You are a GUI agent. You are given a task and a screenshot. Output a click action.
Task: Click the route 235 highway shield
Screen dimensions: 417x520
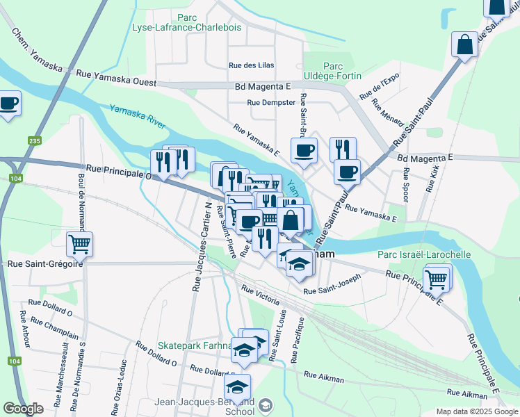click(34, 140)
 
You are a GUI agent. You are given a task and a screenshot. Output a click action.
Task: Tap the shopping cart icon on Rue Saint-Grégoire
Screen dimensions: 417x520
click(80, 244)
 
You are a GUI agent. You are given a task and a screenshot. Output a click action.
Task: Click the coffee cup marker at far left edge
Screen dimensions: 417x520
click(8, 104)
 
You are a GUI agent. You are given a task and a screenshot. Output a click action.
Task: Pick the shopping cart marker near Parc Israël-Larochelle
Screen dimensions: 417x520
click(436, 279)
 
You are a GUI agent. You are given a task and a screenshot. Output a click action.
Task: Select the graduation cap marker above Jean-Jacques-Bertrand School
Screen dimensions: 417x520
click(237, 387)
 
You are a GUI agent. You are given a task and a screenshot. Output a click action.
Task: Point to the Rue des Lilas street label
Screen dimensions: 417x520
click(252, 65)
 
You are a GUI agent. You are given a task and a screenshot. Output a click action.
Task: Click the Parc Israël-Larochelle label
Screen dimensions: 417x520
click(423, 254)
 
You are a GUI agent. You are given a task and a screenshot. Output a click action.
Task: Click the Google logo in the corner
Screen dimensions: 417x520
click(23, 409)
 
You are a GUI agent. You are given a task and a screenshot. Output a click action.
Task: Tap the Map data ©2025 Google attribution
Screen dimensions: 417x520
click(476, 411)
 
